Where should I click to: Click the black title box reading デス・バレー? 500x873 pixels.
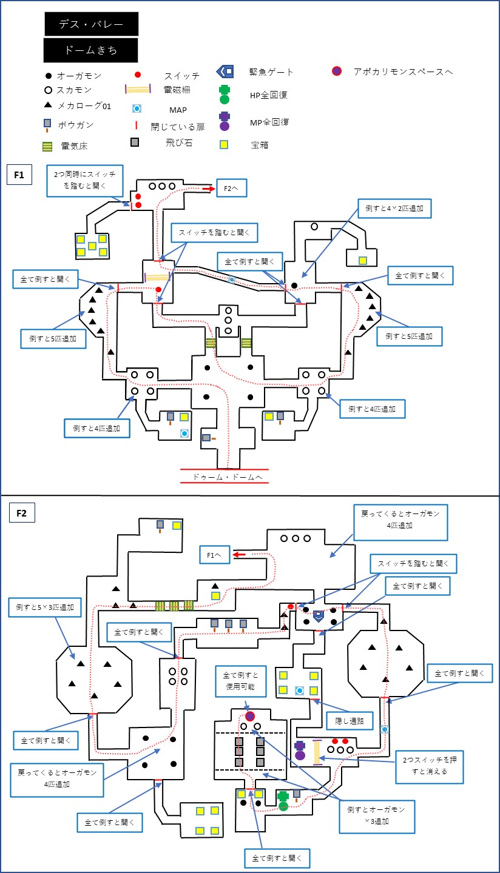click(91, 24)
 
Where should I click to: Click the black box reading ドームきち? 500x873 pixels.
click(90, 50)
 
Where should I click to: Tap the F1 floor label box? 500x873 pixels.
click(19, 175)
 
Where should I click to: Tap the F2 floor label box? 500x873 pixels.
click(21, 512)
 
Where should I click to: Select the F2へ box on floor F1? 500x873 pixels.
click(231, 188)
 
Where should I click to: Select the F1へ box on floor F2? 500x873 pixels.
click(214, 555)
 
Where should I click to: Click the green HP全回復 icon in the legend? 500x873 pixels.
click(225, 95)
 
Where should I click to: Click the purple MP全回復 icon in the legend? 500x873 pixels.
click(225, 121)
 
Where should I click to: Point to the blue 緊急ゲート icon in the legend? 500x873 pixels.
click(225, 72)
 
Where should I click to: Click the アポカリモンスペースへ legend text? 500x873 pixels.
click(403, 72)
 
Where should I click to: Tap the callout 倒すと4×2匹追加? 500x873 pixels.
click(394, 208)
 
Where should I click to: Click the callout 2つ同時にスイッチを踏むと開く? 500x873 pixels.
click(84, 181)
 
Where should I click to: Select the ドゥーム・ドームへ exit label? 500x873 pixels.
click(228, 477)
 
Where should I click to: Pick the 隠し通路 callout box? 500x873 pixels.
click(349, 721)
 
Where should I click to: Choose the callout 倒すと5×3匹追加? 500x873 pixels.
click(45, 607)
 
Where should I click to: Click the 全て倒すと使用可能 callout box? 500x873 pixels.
click(241, 681)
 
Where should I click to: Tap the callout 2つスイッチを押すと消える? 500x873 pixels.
click(430, 765)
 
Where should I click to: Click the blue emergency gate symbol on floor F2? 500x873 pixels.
click(319, 616)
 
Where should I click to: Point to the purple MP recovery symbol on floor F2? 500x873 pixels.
click(300, 751)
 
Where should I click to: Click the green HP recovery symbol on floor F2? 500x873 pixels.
click(283, 801)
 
